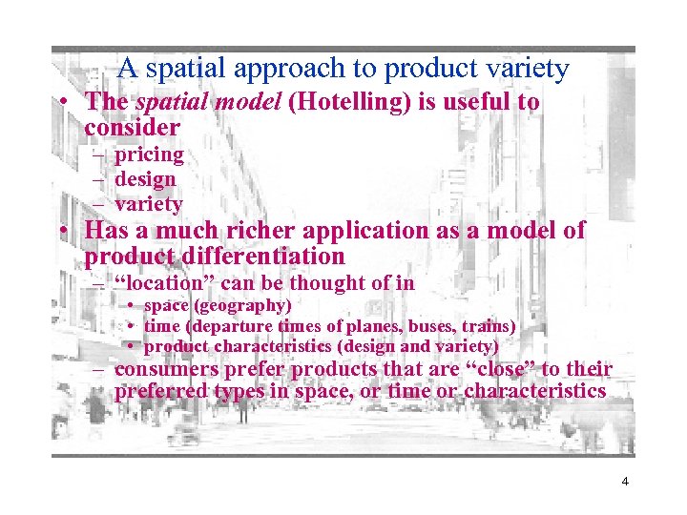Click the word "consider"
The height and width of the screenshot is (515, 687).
point(133,127)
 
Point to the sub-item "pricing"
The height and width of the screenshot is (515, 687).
point(149,154)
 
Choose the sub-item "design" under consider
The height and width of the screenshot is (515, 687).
point(145,179)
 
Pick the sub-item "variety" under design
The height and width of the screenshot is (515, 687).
point(148,204)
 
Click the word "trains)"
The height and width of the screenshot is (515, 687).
point(489,326)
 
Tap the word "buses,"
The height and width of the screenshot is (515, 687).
point(428,326)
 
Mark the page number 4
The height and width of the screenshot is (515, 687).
point(625,482)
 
